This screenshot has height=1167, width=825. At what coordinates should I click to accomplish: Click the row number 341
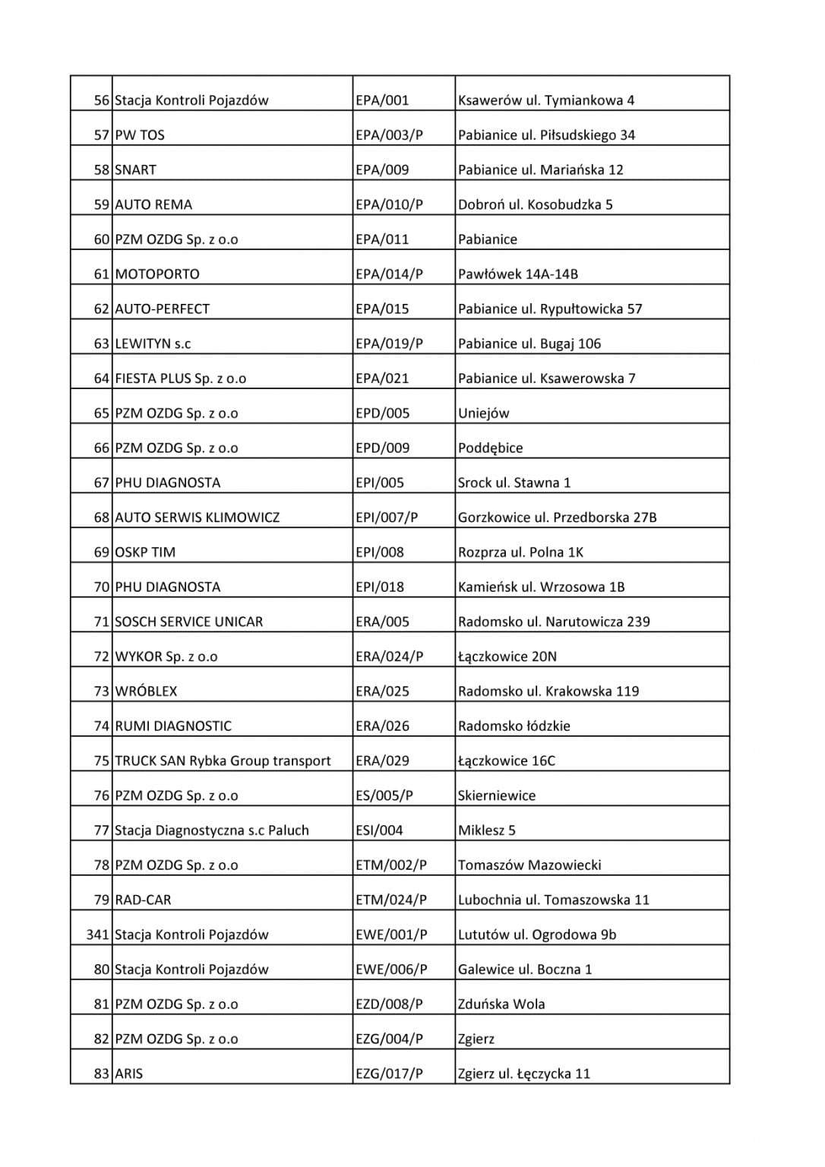pyautogui.click(x=98, y=935)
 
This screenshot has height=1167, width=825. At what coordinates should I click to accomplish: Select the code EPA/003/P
pyautogui.click(x=389, y=135)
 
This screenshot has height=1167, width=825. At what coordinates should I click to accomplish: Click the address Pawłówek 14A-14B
pyautogui.click(x=518, y=274)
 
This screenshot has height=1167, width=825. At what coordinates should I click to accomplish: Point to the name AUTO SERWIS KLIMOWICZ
pyautogui.click(x=198, y=517)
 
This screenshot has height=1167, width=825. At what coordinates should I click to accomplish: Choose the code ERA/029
pyautogui.click(x=383, y=761)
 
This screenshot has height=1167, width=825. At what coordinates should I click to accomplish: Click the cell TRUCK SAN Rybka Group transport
pyautogui.click(x=223, y=761)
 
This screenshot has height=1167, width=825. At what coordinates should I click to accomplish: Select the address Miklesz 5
pyautogui.click(x=487, y=830)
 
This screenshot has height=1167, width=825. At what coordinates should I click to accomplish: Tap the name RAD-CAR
pyautogui.click(x=143, y=900)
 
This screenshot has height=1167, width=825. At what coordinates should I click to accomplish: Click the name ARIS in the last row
pyautogui.click(x=128, y=1074)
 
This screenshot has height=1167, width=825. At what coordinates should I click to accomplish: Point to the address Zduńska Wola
pyautogui.click(x=501, y=1004)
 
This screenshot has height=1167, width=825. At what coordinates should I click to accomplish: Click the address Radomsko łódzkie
pyautogui.click(x=514, y=726)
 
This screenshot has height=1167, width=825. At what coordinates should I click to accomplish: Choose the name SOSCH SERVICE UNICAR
pyautogui.click(x=188, y=621)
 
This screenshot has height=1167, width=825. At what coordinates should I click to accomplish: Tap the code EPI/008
pyautogui.click(x=380, y=552)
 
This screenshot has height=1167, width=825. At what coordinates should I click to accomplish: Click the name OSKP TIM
pyautogui.click(x=145, y=552)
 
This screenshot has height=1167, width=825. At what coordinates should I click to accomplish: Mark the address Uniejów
pyautogui.click(x=484, y=413)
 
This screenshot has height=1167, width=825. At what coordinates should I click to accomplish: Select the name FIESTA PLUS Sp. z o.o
pyautogui.click(x=181, y=378)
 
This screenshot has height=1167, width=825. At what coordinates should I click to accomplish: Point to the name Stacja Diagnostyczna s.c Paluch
pyautogui.click(x=212, y=830)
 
